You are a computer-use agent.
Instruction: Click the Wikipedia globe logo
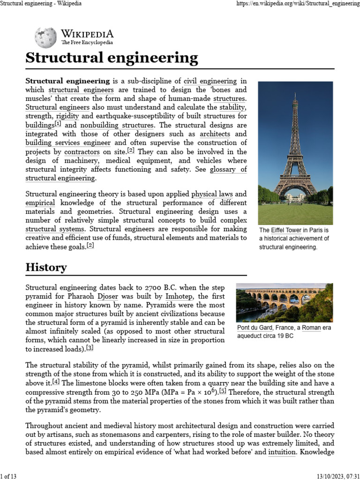coord(45,37)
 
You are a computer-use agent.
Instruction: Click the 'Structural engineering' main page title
coord(112,58)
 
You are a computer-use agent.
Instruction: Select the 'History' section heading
coord(46,268)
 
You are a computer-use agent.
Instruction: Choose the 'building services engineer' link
coord(68,143)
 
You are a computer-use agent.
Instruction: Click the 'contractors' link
coord(82,152)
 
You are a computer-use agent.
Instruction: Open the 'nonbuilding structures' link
coord(117,125)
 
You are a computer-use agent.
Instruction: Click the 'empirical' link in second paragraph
coord(40,202)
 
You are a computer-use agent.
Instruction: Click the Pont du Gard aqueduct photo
coord(285,302)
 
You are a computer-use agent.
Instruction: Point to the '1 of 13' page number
coord(8,476)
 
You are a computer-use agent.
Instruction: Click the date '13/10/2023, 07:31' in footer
coord(335,476)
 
